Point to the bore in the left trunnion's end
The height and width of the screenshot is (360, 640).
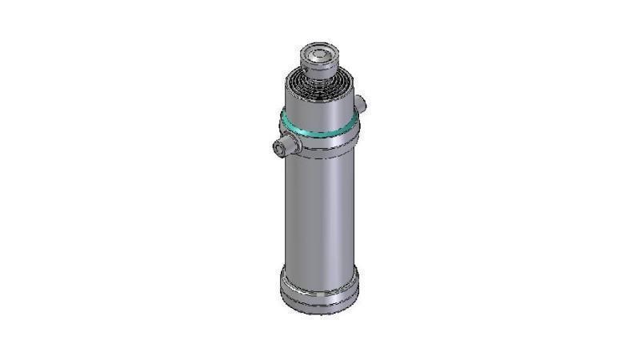(x=279, y=146)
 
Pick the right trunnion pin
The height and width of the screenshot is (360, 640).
(x=360, y=103)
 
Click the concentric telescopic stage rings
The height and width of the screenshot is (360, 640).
(x=318, y=85)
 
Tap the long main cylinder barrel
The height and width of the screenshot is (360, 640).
(x=318, y=208)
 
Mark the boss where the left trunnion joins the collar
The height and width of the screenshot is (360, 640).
(x=295, y=144)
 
